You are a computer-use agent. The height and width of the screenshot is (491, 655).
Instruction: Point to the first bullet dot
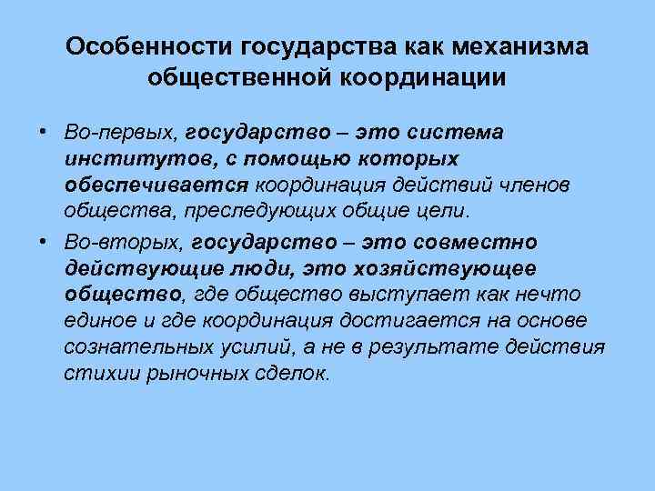(44, 131)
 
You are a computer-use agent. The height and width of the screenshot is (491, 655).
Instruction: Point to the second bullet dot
(44, 241)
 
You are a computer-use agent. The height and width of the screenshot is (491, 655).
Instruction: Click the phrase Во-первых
(120, 133)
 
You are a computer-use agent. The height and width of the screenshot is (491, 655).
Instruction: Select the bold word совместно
(476, 243)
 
